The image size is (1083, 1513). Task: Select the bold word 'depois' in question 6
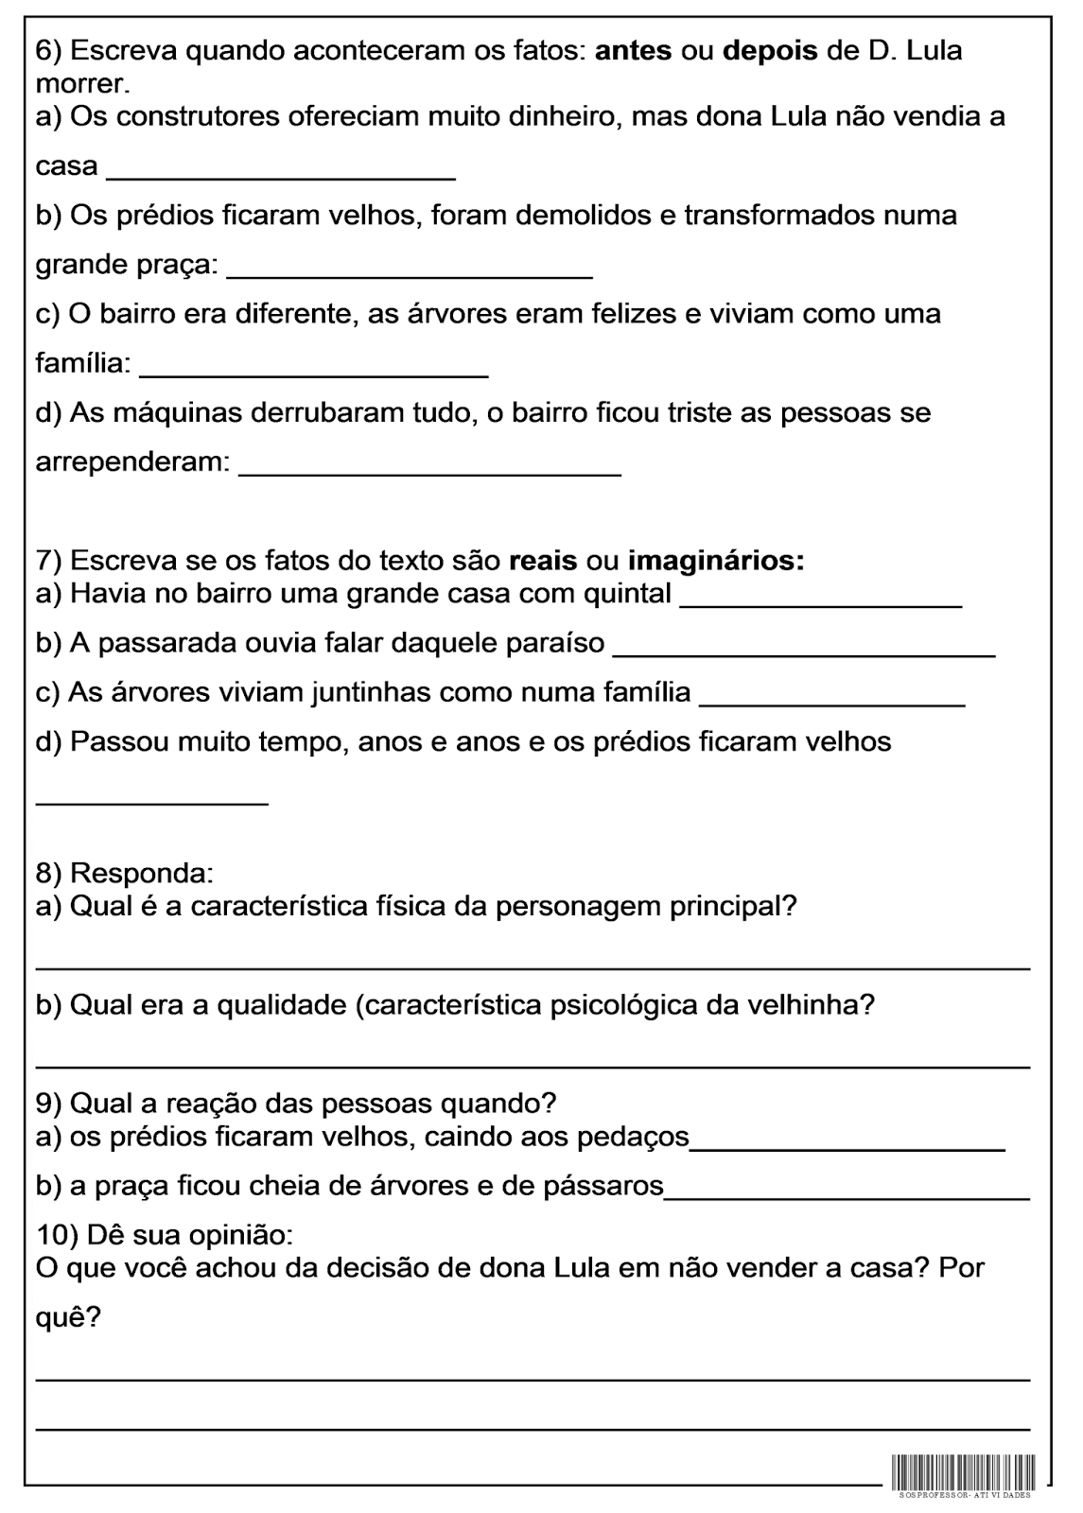point(770,50)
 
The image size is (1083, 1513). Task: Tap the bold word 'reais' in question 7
point(543,561)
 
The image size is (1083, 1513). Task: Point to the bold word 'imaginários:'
point(716,562)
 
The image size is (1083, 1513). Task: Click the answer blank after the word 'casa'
point(281,178)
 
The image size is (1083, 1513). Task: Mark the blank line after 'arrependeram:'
point(429,473)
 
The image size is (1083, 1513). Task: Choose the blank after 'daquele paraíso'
point(804,654)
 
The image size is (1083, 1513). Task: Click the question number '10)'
point(57,1235)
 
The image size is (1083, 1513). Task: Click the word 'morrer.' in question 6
point(81,84)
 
